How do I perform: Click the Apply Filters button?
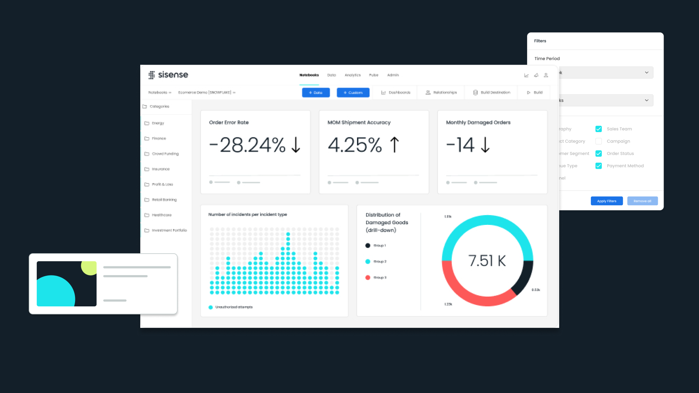coord(606,201)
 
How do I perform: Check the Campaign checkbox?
coord(598,141)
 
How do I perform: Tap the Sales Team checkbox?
coord(598,129)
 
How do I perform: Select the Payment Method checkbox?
coord(598,166)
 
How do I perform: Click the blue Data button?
coord(315,92)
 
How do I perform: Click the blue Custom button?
coord(353,92)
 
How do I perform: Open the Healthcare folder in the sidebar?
coord(161,215)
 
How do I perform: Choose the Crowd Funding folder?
coord(165,154)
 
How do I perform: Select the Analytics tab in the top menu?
coord(352,75)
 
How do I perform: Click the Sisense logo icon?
coord(152,75)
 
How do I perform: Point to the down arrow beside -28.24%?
coord(296,145)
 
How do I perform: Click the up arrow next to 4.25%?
coord(394,145)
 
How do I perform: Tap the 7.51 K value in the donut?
coord(487,261)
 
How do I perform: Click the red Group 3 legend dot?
coord(368,278)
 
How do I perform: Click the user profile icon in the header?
coord(546,75)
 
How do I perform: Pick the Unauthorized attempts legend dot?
coord(211,307)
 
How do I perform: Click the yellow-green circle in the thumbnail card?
coord(90,267)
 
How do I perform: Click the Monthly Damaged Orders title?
coord(478,123)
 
